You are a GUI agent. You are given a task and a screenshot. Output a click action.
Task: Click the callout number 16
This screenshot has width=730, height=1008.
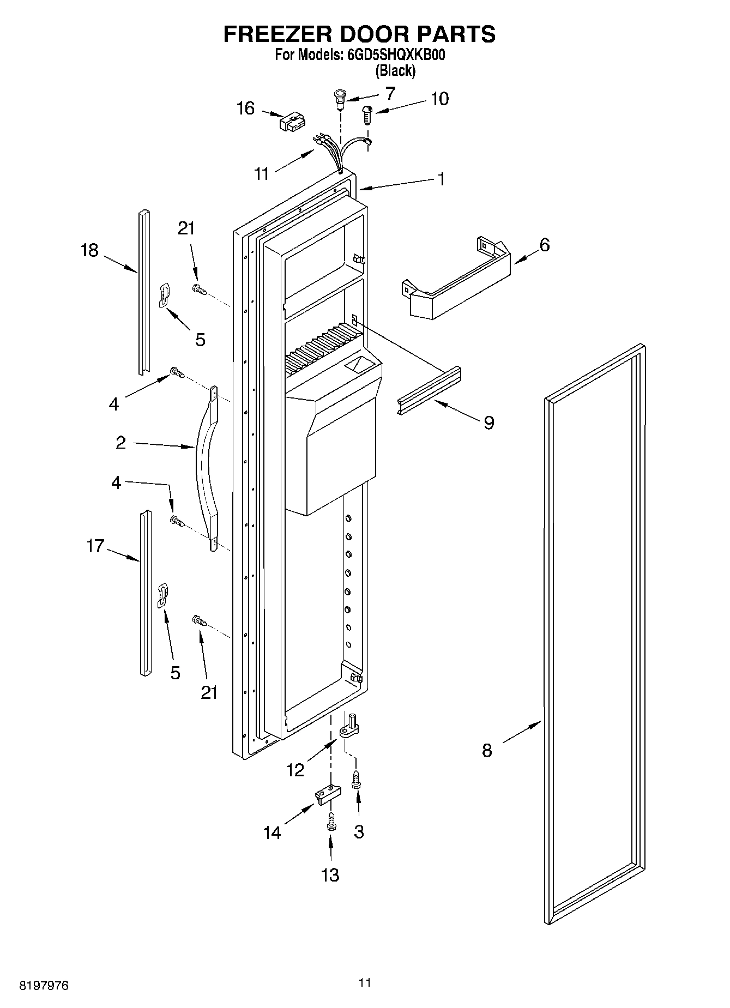(x=245, y=108)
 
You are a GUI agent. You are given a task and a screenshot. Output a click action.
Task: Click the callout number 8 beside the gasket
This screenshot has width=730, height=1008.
(x=487, y=751)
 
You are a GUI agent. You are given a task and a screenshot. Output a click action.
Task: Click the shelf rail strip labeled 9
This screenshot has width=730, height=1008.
(x=429, y=390)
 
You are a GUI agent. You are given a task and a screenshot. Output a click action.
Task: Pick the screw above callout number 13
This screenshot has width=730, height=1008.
(x=330, y=822)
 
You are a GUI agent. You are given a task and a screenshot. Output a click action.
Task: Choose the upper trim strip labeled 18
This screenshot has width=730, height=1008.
(x=143, y=292)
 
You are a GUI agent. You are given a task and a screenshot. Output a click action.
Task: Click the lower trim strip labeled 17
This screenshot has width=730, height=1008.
(x=144, y=593)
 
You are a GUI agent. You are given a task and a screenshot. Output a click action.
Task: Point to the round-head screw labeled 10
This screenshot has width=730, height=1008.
(x=367, y=115)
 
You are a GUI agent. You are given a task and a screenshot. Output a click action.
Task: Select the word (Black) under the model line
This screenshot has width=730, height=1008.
(x=395, y=70)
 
